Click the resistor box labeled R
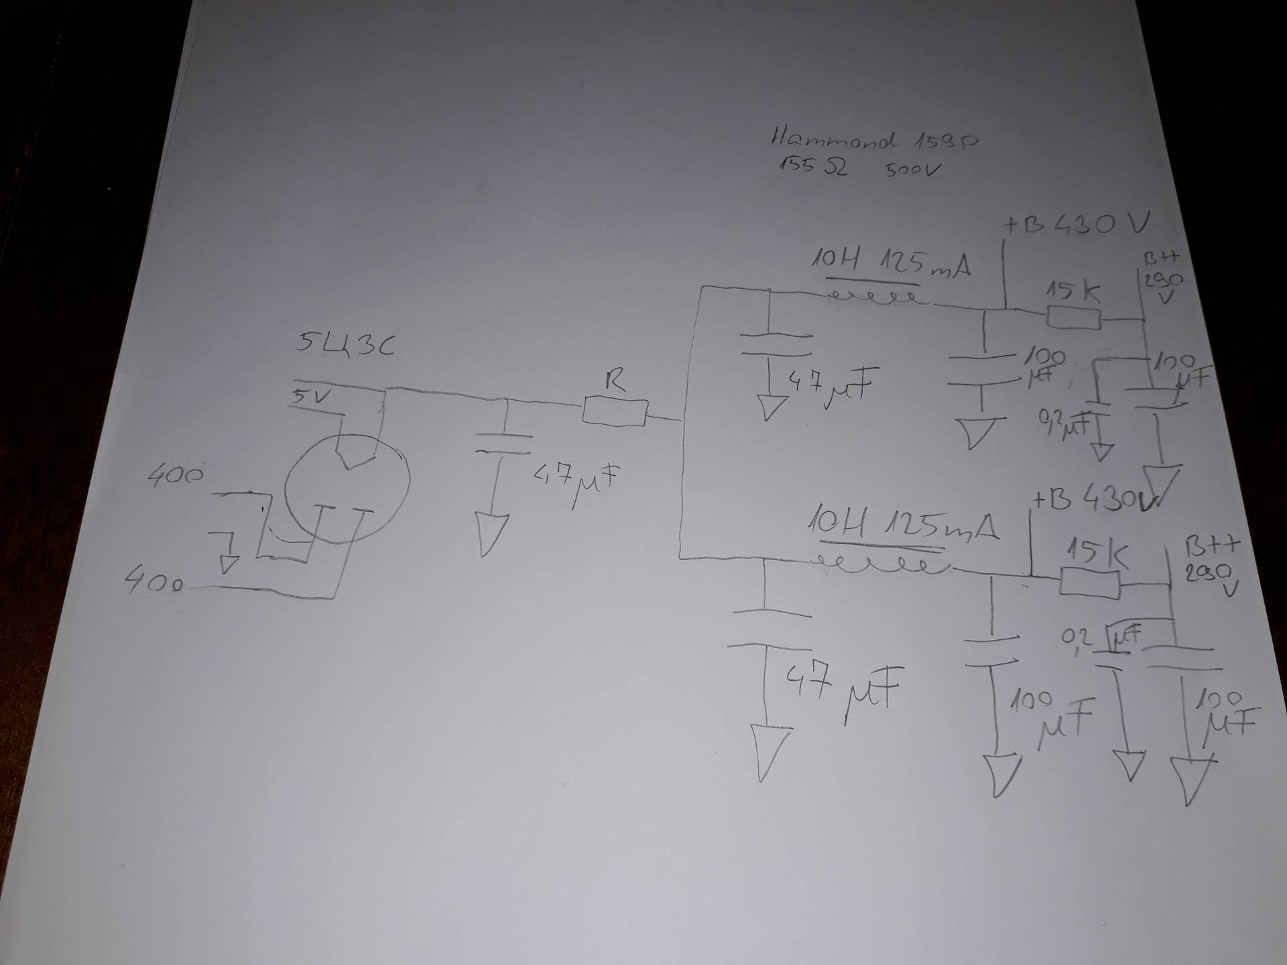point(615,411)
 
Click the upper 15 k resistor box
point(1073,317)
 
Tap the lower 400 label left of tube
point(155,582)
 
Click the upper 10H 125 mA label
point(892,263)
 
